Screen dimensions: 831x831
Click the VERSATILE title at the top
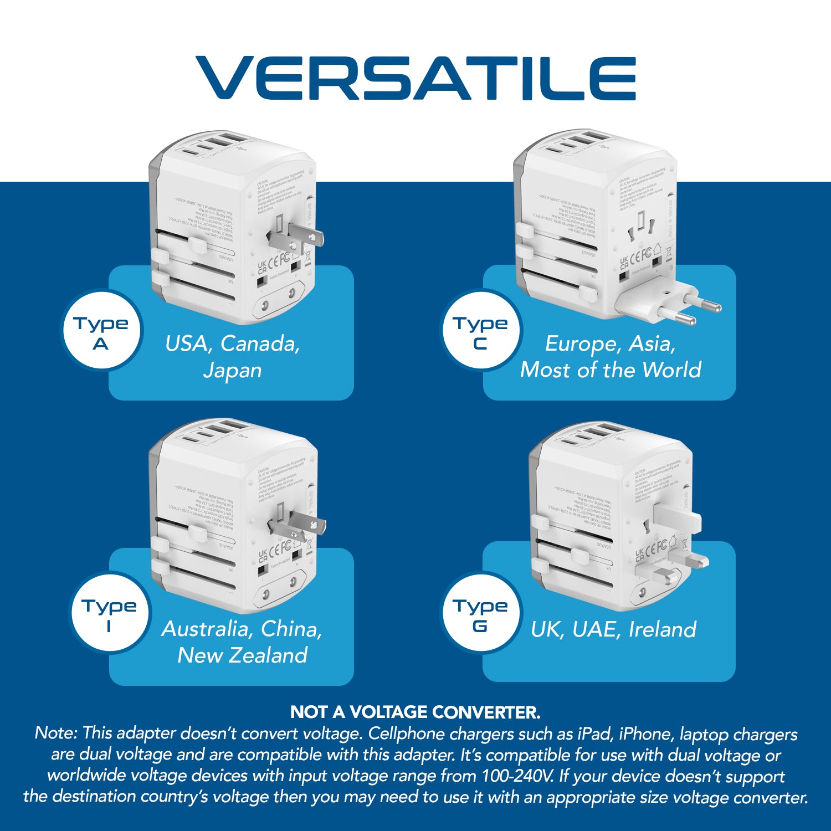(x=416, y=78)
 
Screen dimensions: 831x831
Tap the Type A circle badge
(x=101, y=331)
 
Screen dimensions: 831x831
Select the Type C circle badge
(x=480, y=331)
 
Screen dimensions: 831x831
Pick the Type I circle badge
(x=110, y=614)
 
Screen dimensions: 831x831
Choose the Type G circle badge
(x=480, y=614)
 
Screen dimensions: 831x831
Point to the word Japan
(x=232, y=370)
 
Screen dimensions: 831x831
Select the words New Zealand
(x=242, y=655)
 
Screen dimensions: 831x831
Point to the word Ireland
(x=663, y=630)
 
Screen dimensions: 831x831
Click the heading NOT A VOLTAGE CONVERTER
(x=415, y=712)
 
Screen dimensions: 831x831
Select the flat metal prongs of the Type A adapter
(x=296, y=235)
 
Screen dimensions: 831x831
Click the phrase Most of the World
(x=611, y=370)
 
